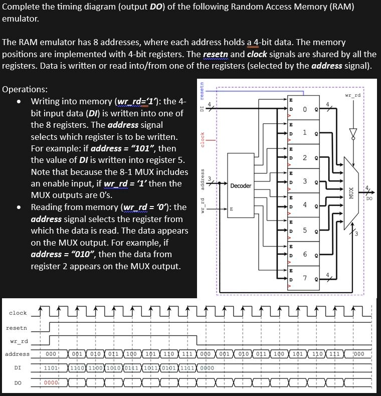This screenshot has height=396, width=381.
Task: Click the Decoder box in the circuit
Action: (241, 185)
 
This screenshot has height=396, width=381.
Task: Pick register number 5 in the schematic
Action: (304, 230)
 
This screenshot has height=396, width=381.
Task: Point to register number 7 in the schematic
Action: (304, 278)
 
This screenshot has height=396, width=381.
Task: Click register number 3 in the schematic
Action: (304, 181)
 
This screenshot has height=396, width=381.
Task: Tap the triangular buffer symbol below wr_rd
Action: (353, 133)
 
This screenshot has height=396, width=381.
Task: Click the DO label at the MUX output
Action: (369, 199)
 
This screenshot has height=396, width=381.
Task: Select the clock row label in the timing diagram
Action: (18, 313)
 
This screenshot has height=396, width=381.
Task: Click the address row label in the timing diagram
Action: (17, 354)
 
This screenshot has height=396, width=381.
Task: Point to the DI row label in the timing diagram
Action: (18, 367)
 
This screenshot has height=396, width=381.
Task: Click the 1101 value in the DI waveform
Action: (52, 368)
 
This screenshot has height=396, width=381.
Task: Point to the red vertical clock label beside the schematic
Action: (202, 139)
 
